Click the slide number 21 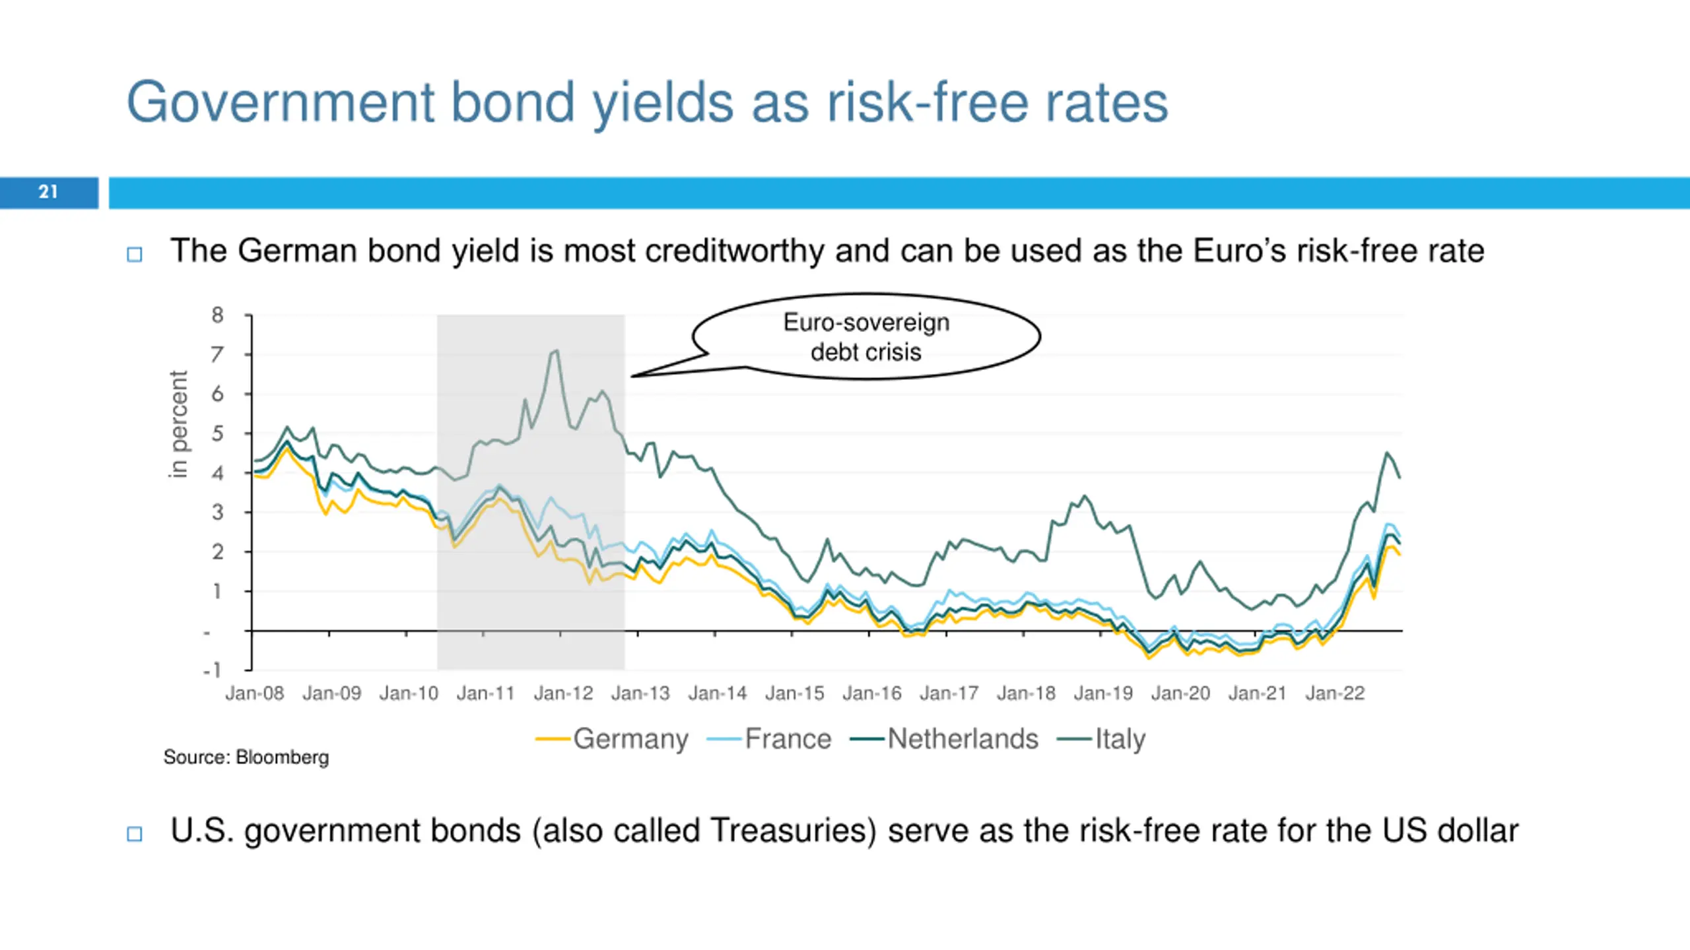tap(48, 192)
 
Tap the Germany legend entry tap(630, 739)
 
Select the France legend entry tap(788, 739)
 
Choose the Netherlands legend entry tap(963, 739)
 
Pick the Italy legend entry tap(1120, 739)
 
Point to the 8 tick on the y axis tap(217, 315)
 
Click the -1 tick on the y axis tap(213, 670)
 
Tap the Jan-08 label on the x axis tap(254, 693)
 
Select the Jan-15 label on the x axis tap(795, 693)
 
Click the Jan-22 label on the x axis tap(1335, 693)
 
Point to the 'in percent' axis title tap(178, 424)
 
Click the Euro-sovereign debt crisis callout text tap(866, 337)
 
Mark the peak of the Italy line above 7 tap(556, 350)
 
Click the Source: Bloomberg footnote tap(246, 757)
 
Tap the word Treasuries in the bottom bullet tap(793, 831)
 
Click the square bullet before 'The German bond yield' tap(135, 255)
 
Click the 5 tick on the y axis tap(217, 433)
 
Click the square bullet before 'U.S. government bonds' tap(135, 834)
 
